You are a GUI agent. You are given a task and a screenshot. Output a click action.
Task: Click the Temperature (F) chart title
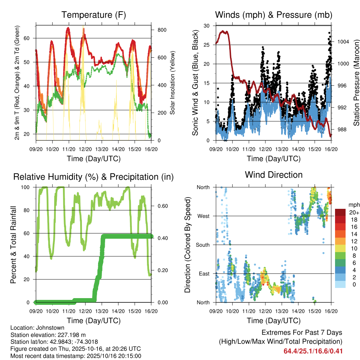pyautogui.click(x=94, y=15)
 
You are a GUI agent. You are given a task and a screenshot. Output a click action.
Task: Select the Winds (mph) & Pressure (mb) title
pyautogui.click(x=274, y=15)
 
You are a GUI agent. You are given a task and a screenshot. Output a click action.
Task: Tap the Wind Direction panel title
pyautogui.click(x=274, y=175)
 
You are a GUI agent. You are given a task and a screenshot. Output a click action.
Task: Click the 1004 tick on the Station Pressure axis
pyautogui.click(x=342, y=41)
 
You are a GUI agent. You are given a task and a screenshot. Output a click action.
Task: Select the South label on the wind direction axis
pyautogui.click(x=203, y=245)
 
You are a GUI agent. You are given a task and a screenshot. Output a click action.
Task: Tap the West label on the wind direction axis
pyautogui.click(x=204, y=216)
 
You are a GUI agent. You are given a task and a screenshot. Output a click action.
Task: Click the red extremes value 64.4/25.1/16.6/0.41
pyautogui.click(x=313, y=351)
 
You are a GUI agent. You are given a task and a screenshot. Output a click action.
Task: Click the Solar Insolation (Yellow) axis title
pyautogui.click(x=172, y=83)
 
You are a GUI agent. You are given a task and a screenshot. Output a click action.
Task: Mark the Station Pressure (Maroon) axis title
pyautogui.click(x=356, y=83)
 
